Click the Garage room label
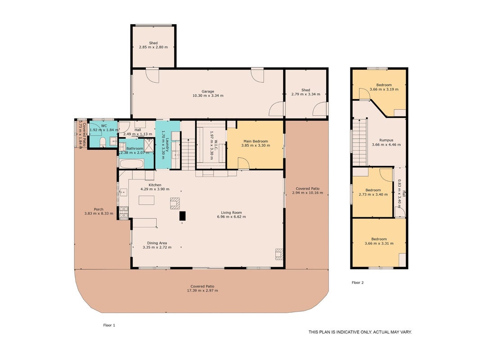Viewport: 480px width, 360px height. coord(208,91)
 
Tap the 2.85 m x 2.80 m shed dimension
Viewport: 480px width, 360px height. coord(153,47)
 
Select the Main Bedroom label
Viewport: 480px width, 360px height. coord(256,141)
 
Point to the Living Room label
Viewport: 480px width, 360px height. coord(231,212)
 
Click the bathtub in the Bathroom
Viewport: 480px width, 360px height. coord(131,164)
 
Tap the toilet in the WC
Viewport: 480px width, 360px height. coord(103,142)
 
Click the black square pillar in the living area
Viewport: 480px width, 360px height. coord(183,216)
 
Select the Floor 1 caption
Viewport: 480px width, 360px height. coord(109,325)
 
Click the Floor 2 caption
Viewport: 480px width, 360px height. coord(358,283)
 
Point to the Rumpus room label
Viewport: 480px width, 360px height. coord(386,140)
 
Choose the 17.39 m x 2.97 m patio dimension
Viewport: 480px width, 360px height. coord(202,291)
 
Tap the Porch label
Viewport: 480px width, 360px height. coord(99,209)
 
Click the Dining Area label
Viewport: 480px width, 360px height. coord(157,243)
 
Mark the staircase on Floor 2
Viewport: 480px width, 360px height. coord(360,142)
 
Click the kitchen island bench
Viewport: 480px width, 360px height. coord(146,200)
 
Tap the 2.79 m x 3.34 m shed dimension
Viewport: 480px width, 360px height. coord(305,94)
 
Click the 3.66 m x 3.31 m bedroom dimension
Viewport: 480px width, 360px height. coord(379,243)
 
